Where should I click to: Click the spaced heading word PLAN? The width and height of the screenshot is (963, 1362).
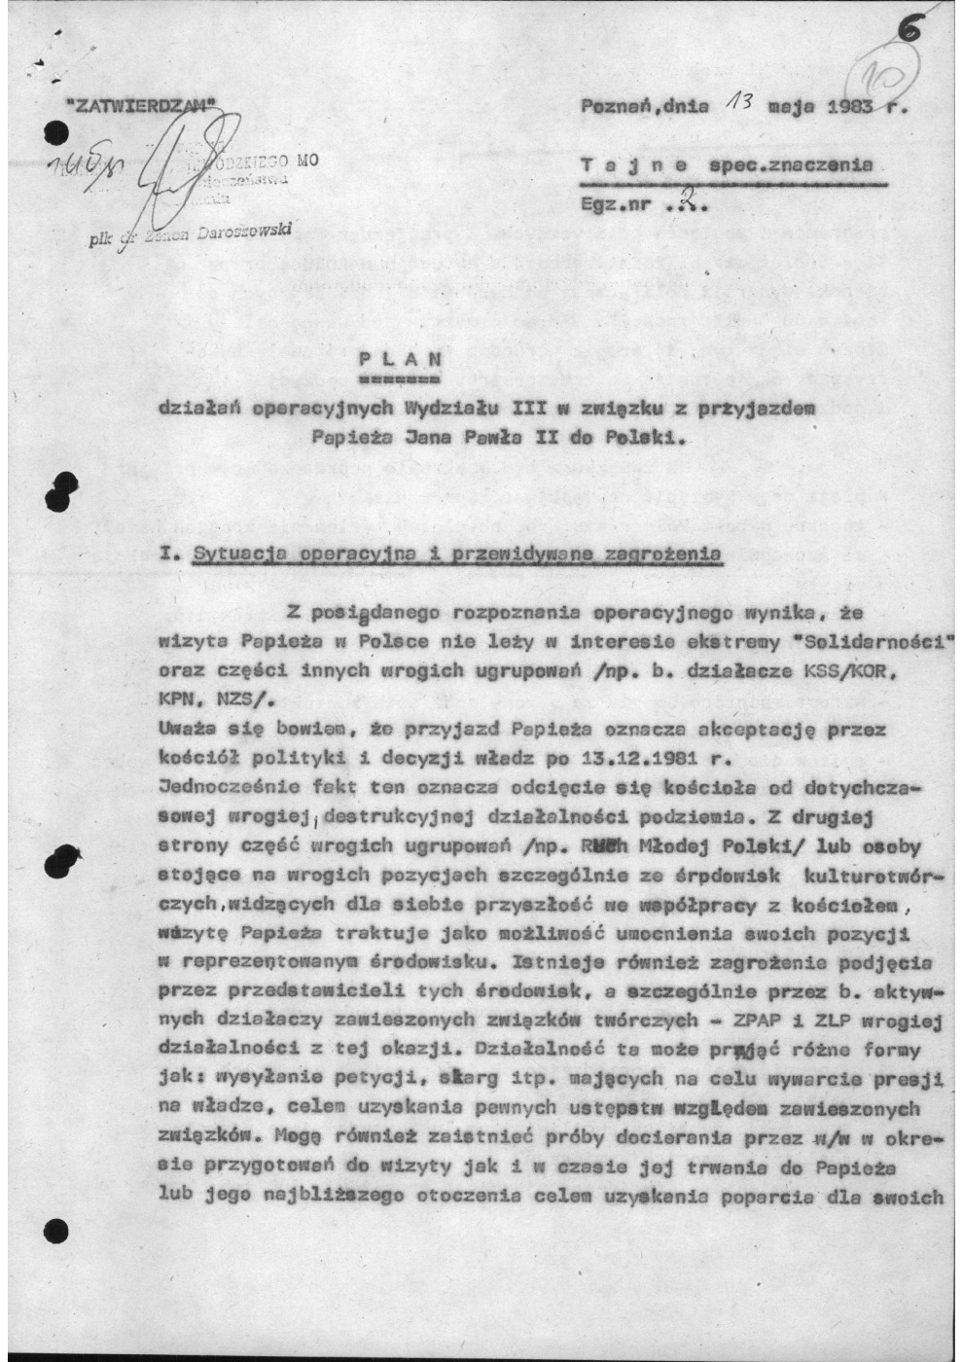coord(399,357)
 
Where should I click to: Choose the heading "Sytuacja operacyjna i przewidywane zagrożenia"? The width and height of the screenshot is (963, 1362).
coord(457,554)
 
